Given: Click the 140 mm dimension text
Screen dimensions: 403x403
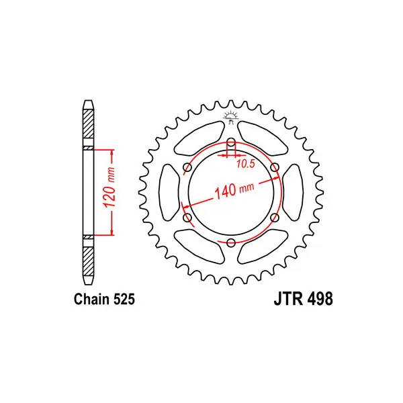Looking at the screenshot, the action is coord(234,191).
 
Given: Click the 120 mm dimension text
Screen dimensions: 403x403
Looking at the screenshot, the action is coord(109,187).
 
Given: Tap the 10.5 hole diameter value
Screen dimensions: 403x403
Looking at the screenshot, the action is coord(245,164).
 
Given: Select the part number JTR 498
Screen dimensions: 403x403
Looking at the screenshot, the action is coord(304,299).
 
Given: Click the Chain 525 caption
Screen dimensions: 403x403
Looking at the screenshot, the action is coord(104,299).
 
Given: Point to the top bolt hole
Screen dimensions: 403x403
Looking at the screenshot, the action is coord(231,142).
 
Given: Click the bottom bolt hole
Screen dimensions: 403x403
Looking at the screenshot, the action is coord(231,242).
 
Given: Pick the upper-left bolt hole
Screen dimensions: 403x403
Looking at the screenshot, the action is coord(187,167).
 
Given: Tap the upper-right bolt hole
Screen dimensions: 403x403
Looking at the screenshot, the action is coord(275,167).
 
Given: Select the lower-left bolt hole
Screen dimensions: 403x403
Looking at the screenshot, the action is coord(187,218).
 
